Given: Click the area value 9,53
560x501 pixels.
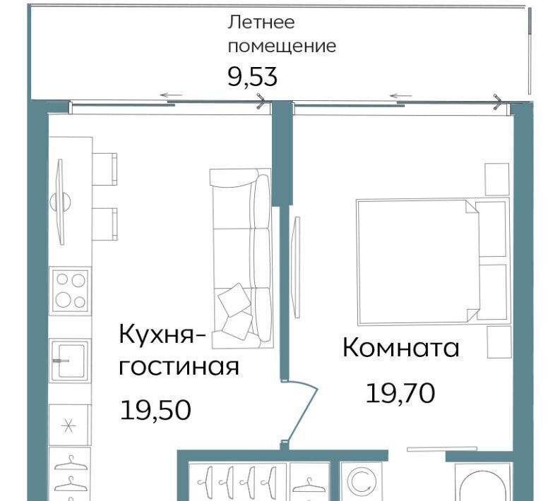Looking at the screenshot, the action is point(253,76).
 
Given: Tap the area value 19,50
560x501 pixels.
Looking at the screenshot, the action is point(156,410).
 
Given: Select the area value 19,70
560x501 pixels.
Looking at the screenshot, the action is point(400,393).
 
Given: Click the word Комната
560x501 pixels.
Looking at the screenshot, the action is point(400,348).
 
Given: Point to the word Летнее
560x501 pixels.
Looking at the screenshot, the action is point(261,22).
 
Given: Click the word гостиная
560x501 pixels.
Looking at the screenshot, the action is point(179,366).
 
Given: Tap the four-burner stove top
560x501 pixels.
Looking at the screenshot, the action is point(71,291).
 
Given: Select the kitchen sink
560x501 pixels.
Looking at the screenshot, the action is point(70,361).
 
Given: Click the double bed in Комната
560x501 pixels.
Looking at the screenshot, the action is point(433,261).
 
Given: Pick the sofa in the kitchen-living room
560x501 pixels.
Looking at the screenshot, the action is point(242,258).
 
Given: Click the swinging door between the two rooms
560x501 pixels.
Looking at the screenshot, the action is point(299,411).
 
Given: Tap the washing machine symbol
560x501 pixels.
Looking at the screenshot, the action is point(362,482).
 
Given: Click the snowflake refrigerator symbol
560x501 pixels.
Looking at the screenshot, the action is point(68,425).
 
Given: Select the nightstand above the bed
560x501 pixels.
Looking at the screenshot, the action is point(496,179).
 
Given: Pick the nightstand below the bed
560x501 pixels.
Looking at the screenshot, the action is point(499,342).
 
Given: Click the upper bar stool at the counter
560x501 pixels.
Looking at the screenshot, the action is point(105,169).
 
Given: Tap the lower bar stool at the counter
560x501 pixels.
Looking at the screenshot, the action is point(105,224).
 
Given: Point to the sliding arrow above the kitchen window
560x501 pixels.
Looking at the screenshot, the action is point(171,95).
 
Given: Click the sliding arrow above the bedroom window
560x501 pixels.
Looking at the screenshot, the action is point(401,96).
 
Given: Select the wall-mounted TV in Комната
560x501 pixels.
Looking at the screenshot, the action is point(296,267).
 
